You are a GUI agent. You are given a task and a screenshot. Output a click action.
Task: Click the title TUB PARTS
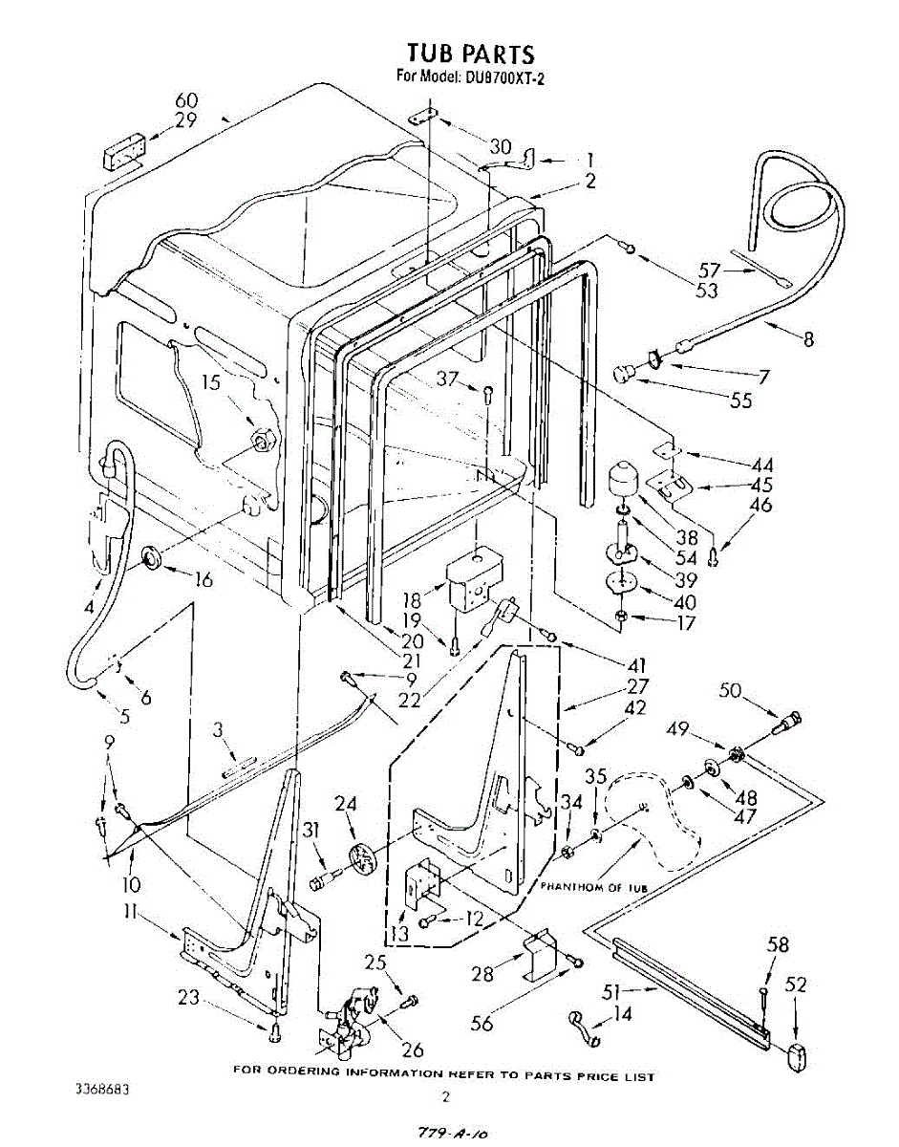tap(470, 54)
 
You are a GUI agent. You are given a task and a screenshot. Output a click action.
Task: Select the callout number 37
tap(448, 379)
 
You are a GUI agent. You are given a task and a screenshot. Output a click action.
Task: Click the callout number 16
tap(203, 580)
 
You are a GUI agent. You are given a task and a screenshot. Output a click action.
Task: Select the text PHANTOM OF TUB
tap(593, 887)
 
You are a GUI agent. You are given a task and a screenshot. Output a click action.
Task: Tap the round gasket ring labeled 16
tap(153, 558)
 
